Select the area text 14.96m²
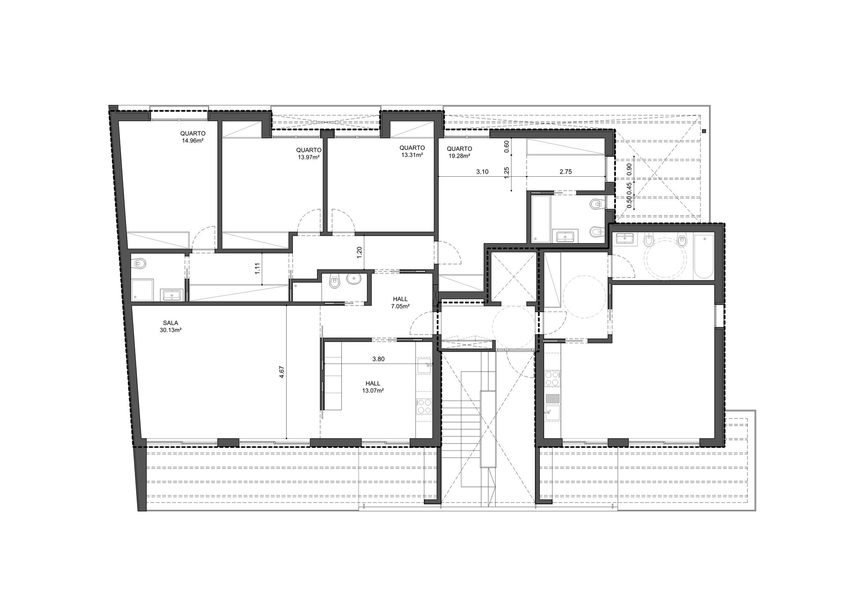coord(193,141)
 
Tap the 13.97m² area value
coord(308,157)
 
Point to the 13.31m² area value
coord(412,155)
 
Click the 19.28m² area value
coord(459,156)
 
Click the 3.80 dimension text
coord(378,359)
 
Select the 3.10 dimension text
coord(482,172)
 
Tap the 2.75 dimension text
coord(565,172)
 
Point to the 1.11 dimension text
coord(258,268)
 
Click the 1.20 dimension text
coord(359,252)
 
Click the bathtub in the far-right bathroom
coord(703,257)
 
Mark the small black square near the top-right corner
coord(704,131)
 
